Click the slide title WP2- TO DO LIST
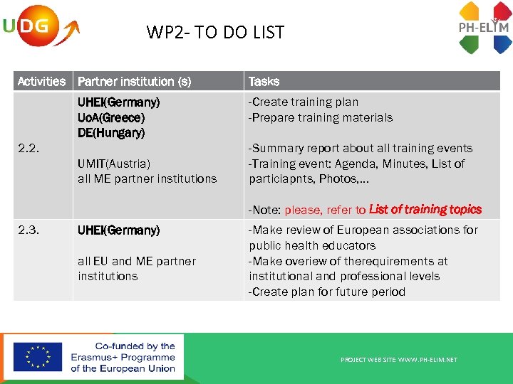(x=215, y=32)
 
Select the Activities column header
(x=41, y=81)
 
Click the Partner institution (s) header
(x=134, y=81)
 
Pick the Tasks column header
(x=264, y=81)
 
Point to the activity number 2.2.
(x=30, y=149)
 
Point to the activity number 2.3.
(x=30, y=230)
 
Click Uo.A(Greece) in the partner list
(x=110, y=117)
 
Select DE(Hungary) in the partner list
(x=111, y=133)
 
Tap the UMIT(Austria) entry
(x=114, y=164)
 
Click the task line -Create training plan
(x=303, y=102)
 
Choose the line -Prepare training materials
(x=320, y=117)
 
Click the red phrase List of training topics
(x=425, y=210)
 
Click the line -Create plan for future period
(x=326, y=292)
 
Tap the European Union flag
(x=37, y=357)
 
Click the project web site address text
(x=399, y=360)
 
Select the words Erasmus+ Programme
(x=123, y=357)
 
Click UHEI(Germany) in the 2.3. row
(x=118, y=230)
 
